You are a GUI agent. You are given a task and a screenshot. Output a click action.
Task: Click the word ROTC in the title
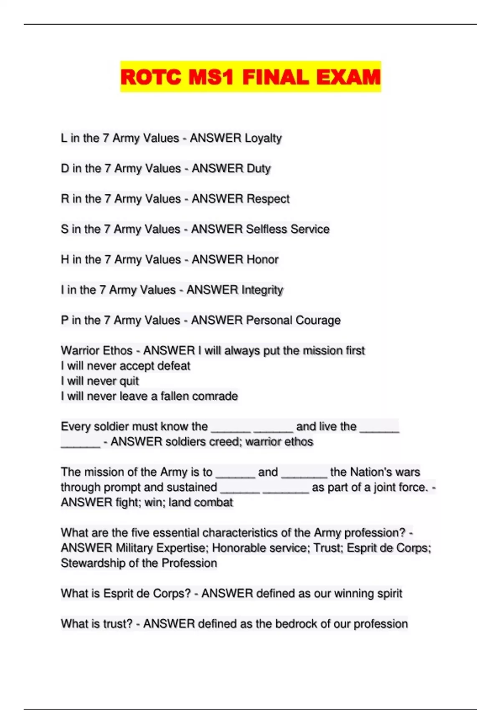click(x=151, y=78)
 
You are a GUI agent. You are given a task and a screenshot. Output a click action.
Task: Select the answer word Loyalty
click(x=263, y=138)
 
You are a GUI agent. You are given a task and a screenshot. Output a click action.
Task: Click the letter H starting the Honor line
click(x=65, y=260)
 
